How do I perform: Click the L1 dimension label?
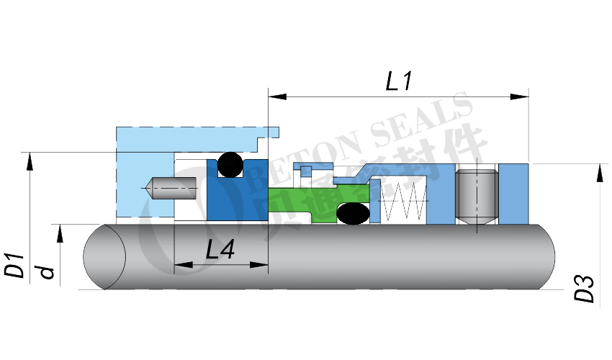(x=398, y=81)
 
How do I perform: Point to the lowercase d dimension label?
(x=47, y=271)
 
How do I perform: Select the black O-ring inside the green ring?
(x=353, y=213)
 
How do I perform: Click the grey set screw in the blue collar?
(x=476, y=197)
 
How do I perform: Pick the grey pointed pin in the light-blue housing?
(x=171, y=189)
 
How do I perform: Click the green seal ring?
(x=317, y=199)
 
